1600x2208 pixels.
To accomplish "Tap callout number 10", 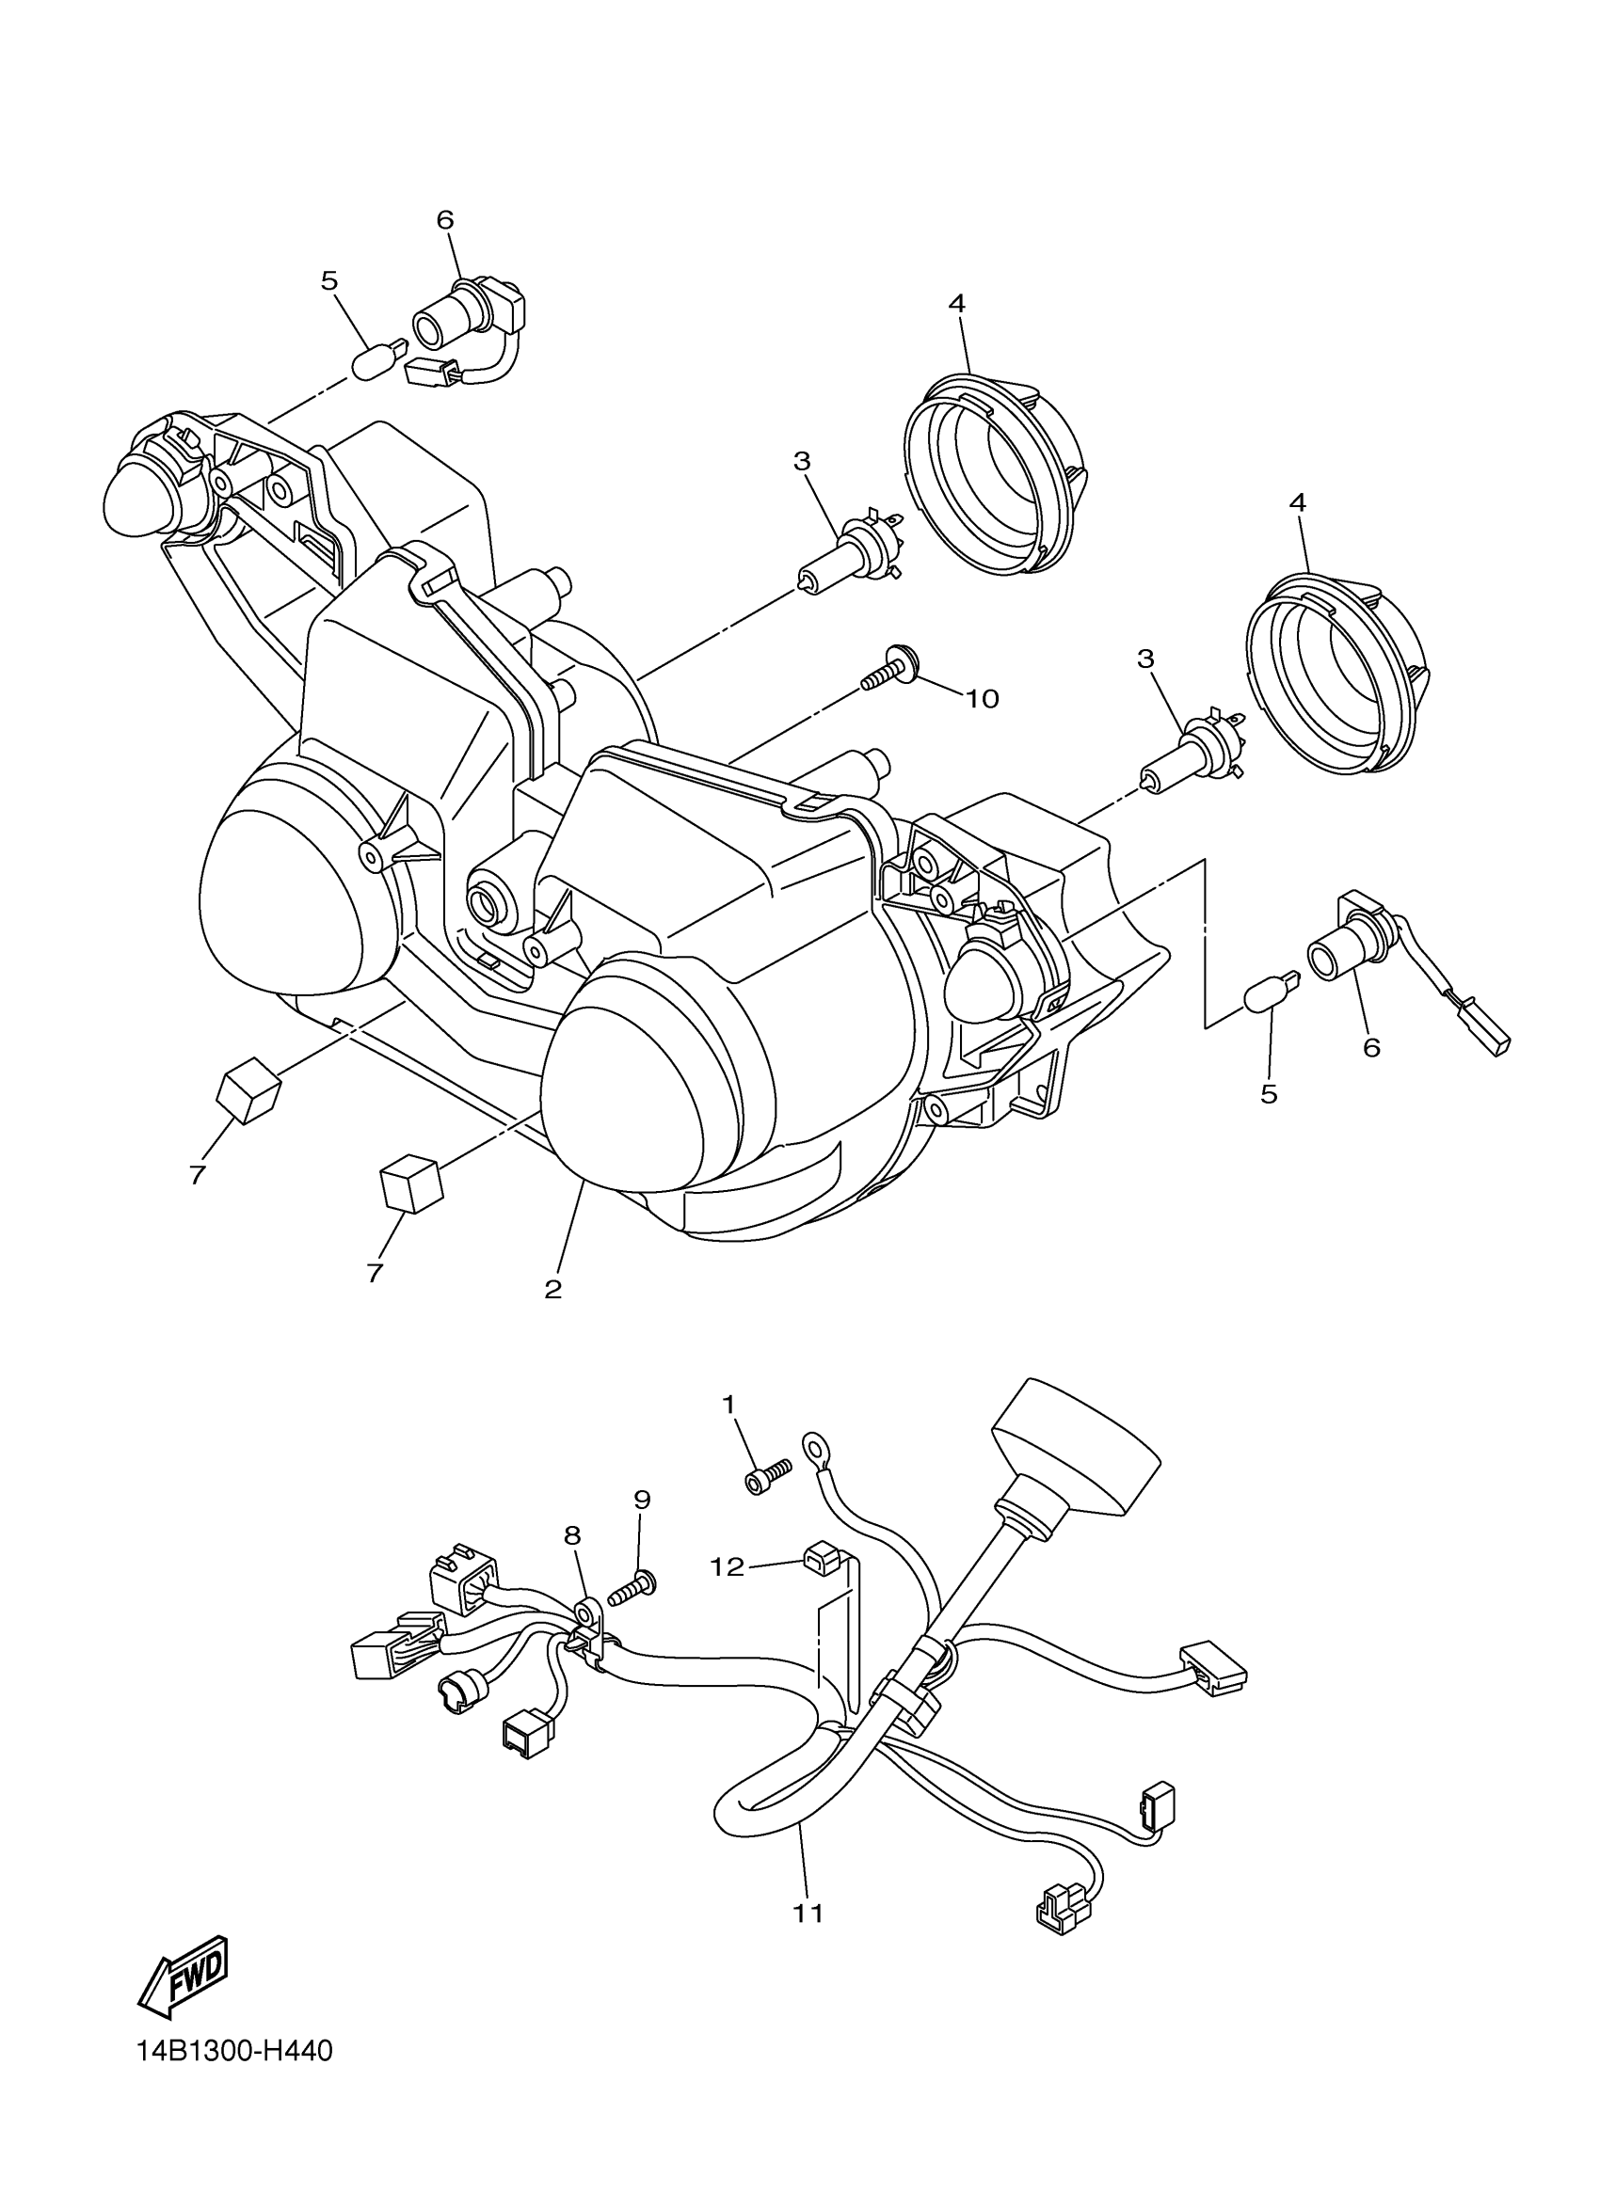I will point(982,698).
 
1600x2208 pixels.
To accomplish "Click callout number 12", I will point(728,1566).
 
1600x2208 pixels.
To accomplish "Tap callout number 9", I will point(642,1501).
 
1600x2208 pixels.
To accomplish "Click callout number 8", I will point(571,1535).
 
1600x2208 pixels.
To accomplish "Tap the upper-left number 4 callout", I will point(956,304).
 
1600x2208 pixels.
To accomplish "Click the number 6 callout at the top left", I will point(445,220).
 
